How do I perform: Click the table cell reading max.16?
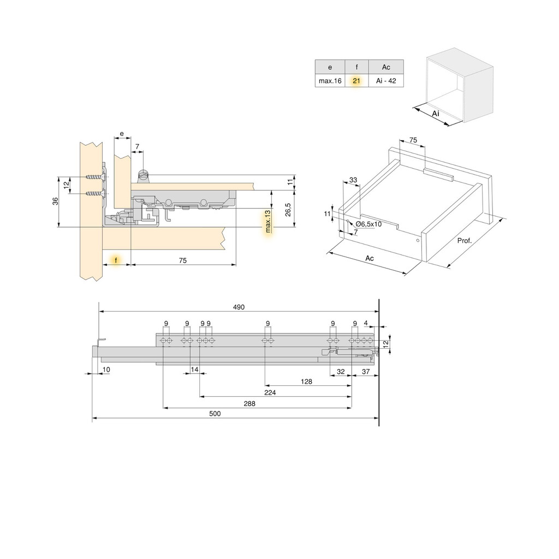330,81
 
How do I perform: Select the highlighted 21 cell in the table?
356,81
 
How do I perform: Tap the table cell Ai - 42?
385,81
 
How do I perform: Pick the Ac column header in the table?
385,67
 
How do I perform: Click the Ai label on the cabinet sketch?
436,113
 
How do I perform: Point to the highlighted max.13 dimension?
268,222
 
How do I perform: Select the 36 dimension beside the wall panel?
55,201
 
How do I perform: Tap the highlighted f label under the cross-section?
116,261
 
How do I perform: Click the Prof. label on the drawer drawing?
464,241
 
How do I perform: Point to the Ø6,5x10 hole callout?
368,224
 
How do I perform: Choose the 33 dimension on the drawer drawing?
353,180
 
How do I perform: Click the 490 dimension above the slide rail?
239,307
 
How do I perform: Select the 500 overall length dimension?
215,414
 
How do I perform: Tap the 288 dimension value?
250,403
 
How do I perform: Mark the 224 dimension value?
270,393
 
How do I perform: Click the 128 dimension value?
306,382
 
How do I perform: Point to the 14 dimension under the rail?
194,371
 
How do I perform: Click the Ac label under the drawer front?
370,258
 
